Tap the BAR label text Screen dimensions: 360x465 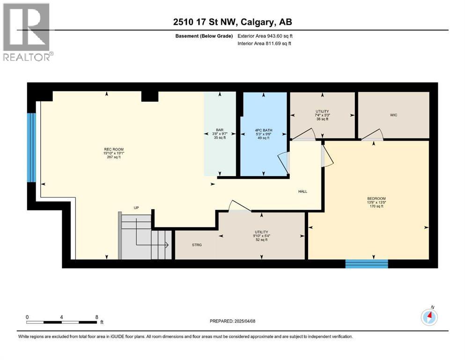pyautogui.click(x=219, y=130)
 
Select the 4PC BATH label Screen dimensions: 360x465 pyautogui.click(x=263, y=130)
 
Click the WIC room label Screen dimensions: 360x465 pyautogui.click(x=393, y=115)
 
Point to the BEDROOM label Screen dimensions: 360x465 pyautogui.click(x=376, y=198)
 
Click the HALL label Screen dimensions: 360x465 pyautogui.click(x=303, y=191)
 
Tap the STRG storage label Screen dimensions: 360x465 pyautogui.click(x=197, y=244)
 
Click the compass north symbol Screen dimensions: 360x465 pyautogui.click(x=429, y=317)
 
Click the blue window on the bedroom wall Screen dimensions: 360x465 pyautogui.click(x=367, y=263)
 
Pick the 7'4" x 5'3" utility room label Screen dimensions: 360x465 pyautogui.click(x=322, y=115)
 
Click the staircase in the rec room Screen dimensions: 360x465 pyautogui.click(x=143, y=237)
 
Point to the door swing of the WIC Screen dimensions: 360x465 pyautogui.click(x=373, y=135)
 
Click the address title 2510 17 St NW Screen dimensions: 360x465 pyautogui.click(x=232, y=22)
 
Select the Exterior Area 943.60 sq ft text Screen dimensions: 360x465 pyautogui.click(x=266, y=36)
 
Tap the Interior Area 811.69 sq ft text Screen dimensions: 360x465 pyautogui.click(x=266, y=44)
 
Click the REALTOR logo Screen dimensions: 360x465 pyautogui.click(x=28, y=31)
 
